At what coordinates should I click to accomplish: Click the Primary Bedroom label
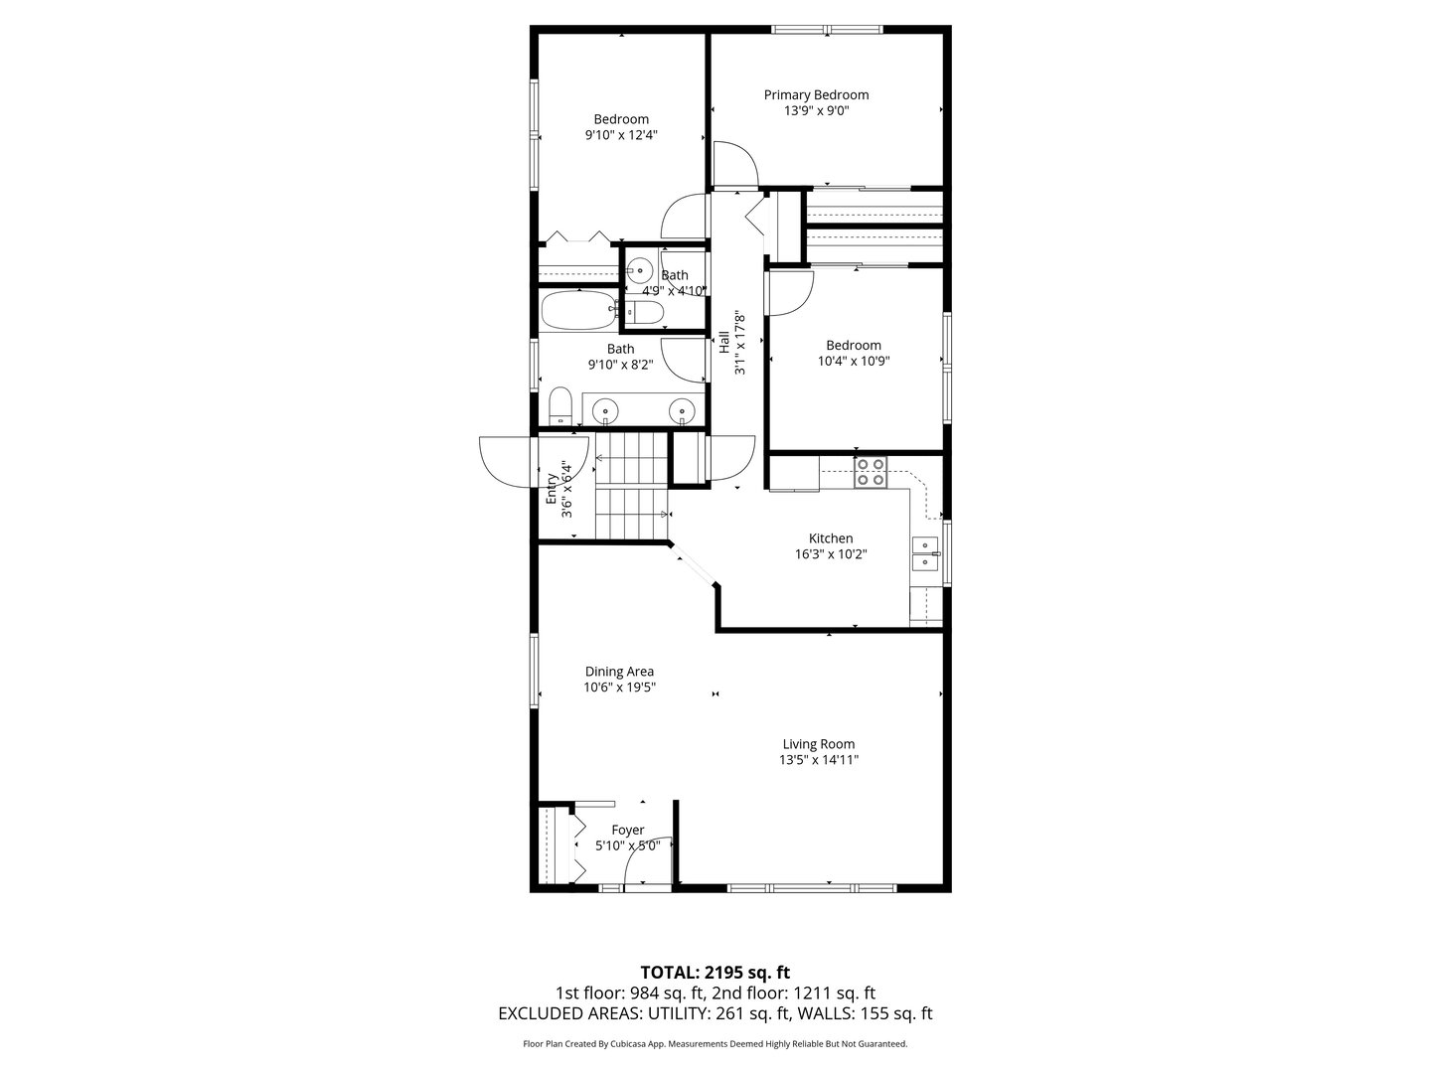tap(816, 95)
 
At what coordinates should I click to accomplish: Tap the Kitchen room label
tap(830, 538)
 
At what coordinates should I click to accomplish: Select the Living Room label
tap(818, 744)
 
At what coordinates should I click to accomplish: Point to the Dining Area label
tap(619, 672)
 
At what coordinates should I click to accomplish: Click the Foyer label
tap(627, 831)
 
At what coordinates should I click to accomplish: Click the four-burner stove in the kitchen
tap(871, 471)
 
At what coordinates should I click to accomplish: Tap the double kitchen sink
tap(925, 553)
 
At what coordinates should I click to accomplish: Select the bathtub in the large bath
tap(579, 310)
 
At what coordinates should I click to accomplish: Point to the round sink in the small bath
tap(639, 269)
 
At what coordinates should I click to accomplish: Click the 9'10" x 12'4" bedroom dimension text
tap(621, 135)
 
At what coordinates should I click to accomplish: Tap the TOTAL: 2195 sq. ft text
tap(715, 972)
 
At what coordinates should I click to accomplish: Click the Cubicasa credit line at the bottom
tap(715, 1044)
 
